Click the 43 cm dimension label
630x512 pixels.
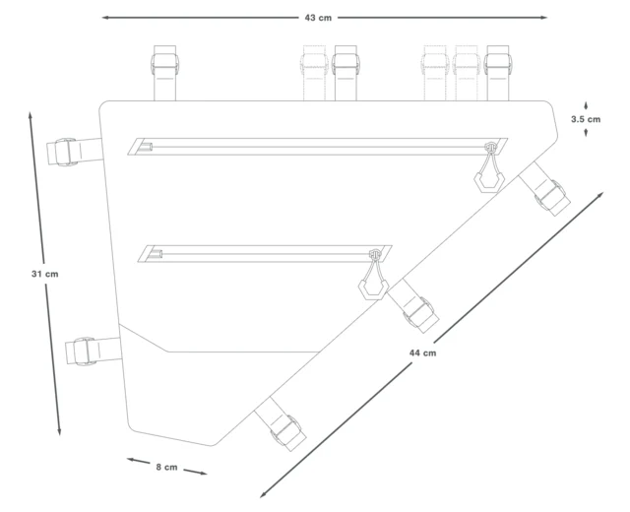[318, 18]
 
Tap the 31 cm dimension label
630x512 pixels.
[44, 274]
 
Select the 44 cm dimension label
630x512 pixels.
[422, 352]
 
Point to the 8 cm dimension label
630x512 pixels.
[166, 467]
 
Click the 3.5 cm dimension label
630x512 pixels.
[586, 119]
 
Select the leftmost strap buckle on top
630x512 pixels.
[164, 65]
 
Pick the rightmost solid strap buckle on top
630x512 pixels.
[498, 65]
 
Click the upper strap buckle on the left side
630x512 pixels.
[66, 152]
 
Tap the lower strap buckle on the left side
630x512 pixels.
[85, 352]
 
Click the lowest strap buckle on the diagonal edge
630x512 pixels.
[286, 432]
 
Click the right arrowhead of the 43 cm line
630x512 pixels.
[543, 18]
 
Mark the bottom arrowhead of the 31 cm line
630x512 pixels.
[59, 431]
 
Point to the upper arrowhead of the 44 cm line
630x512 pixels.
[600, 195]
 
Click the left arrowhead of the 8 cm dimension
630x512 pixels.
[131, 460]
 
